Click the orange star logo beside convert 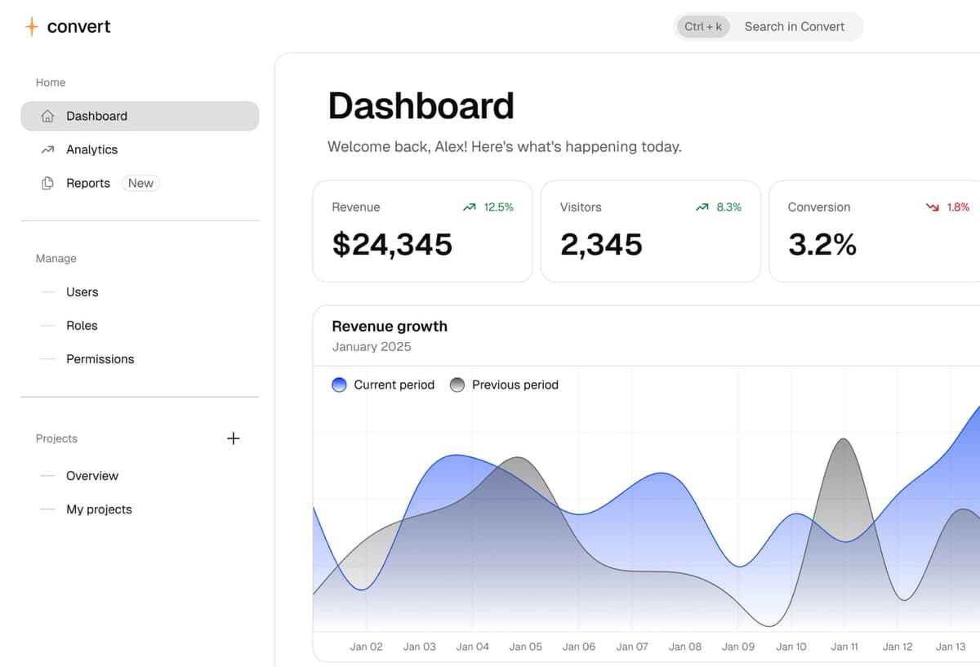[x=31, y=27]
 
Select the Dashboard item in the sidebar [x=96, y=116]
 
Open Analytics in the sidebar [x=91, y=149]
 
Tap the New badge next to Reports [x=140, y=183]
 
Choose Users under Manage [x=82, y=291]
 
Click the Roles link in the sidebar [x=82, y=325]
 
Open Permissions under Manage [x=100, y=358]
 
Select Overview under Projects [x=92, y=475]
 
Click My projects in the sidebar [x=99, y=509]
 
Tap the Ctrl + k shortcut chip [x=703, y=26]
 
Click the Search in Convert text [x=795, y=26]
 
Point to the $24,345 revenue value [x=392, y=244]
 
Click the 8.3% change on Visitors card [x=728, y=207]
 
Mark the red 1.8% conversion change [x=957, y=207]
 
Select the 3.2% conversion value [x=822, y=244]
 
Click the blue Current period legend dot [x=340, y=385]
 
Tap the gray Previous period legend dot [x=457, y=385]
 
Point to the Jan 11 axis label [x=844, y=647]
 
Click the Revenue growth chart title [x=390, y=327]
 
